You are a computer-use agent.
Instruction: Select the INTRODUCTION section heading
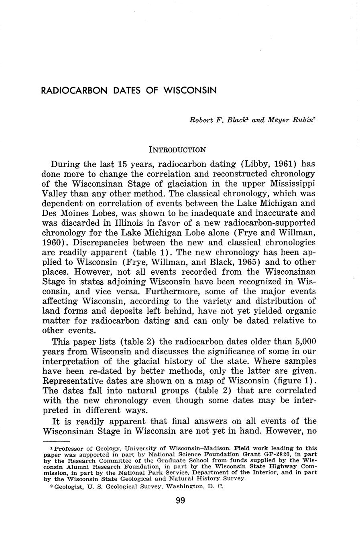point(177,150)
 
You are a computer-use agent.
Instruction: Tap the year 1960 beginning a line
point(51,242)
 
